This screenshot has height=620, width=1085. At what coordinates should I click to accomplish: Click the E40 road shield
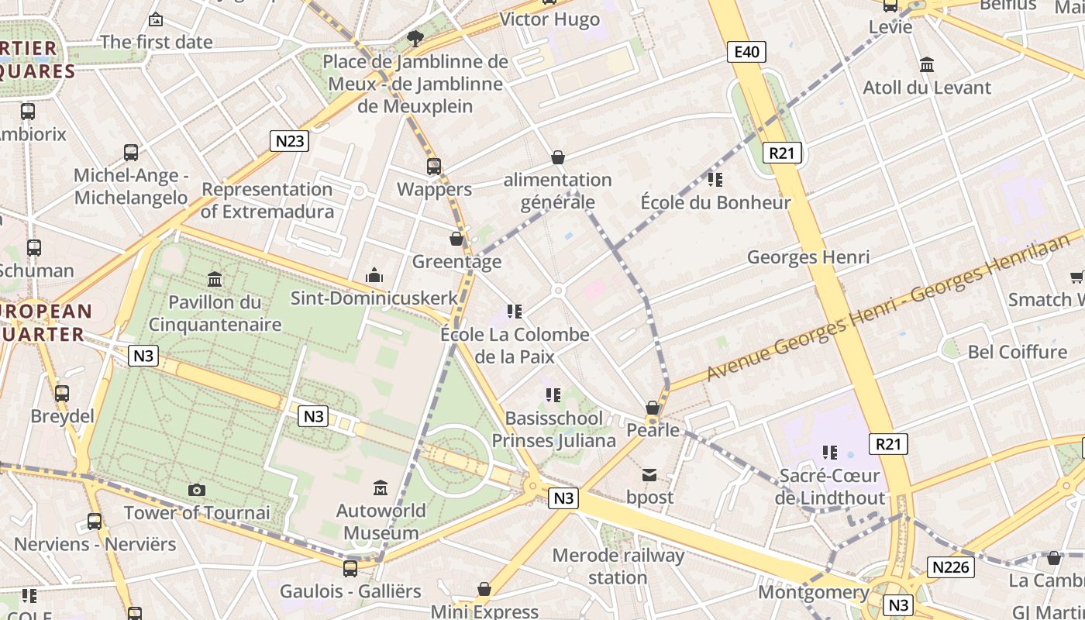pyautogui.click(x=746, y=52)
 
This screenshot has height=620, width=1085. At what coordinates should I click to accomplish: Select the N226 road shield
pyautogui.click(x=950, y=567)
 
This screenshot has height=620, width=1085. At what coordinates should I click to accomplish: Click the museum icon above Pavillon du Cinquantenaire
pyautogui.click(x=215, y=279)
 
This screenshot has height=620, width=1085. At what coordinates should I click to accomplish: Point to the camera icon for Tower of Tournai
pyautogui.click(x=197, y=490)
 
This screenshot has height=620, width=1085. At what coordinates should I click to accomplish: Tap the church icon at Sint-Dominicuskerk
pyautogui.click(x=374, y=275)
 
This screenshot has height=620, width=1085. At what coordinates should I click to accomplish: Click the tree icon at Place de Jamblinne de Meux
pyautogui.click(x=415, y=38)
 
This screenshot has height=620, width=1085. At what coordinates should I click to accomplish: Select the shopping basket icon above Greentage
pyautogui.click(x=456, y=239)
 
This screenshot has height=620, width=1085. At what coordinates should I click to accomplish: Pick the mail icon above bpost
pyautogui.click(x=649, y=474)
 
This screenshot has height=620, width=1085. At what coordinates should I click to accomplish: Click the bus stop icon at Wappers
pyautogui.click(x=434, y=166)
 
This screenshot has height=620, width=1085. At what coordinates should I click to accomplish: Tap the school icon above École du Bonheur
pyautogui.click(x=715, y=180)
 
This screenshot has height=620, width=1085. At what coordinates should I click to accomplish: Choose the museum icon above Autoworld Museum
pyautogui.click(x=381, y=488)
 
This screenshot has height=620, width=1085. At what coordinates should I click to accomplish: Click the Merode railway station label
pyautogui.click(x=618, y=567)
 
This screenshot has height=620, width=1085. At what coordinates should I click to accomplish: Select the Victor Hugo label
pyautogui.click(x=549, y=19)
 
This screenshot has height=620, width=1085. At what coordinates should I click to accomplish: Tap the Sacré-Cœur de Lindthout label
pyautogui.click(x=830, y=486)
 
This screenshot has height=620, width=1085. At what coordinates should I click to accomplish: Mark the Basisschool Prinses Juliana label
pyautogui.click(x=554, y=429)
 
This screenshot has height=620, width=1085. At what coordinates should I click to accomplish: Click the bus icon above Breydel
pyautogui.click(x=62, y=394)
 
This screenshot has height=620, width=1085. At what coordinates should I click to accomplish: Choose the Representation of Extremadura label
pyautogui.click(x=267, y=200)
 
